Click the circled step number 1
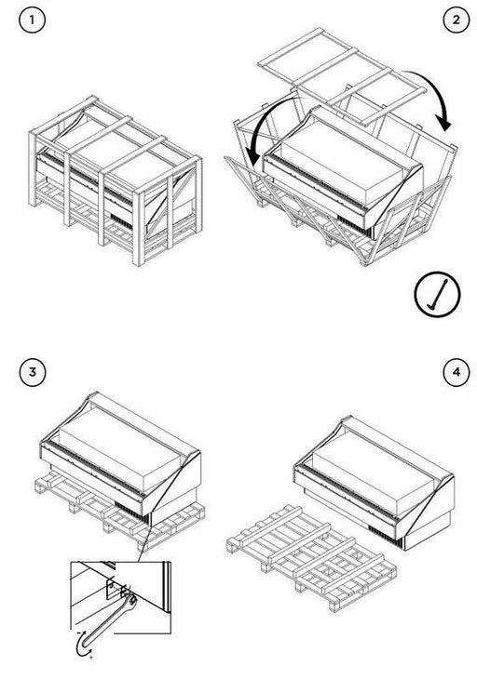(32, 20)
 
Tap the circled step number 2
(457, 20)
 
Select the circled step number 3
(32, 372)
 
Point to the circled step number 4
(457, 372)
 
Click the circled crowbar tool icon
(437, 295)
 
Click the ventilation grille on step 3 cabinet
(131, 512)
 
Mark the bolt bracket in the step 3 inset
(114, 590)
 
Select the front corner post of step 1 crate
(139, 227)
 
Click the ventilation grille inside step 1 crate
(120, 221)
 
